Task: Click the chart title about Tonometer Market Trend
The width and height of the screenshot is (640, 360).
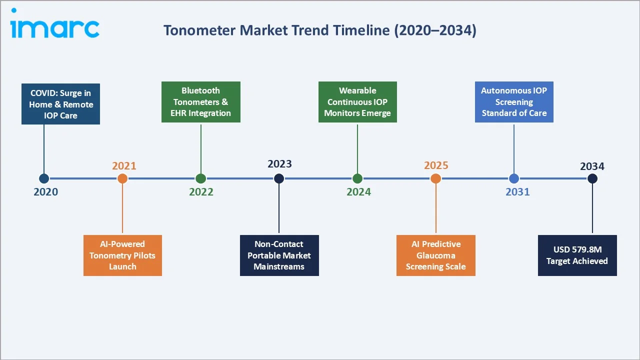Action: coord(320,30)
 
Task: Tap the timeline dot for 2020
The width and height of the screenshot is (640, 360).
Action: coord(44,178)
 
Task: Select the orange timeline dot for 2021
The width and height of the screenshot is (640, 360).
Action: coord(122,178)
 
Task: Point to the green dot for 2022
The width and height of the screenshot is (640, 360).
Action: coord(201,178)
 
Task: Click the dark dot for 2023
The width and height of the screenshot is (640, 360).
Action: coord(279,178)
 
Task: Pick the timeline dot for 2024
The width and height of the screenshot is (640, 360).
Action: coord(357,178)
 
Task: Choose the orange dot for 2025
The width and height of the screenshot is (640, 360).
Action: coord(436,178)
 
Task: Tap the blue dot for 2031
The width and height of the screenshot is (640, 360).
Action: coord(514,178)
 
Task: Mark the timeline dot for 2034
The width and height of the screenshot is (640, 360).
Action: coord(592,178)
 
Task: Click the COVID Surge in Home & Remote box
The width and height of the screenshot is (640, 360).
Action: coord(61,104)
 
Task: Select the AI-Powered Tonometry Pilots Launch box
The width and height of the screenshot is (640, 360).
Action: coord(122,255)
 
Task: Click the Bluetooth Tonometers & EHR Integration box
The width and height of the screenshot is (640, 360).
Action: coord(201,102)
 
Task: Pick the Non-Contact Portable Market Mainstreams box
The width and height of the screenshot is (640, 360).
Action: coord(279,255)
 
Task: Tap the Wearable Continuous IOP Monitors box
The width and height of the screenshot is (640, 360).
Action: coord(357,102)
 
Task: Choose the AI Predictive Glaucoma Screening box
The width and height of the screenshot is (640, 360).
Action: coord(436,255)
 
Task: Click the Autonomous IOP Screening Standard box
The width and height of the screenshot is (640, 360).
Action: coord(514,102)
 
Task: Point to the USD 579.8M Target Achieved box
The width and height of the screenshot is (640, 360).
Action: coord(577,255)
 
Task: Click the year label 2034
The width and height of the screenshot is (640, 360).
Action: coord(592,166)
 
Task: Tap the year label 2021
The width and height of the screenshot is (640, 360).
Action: coord(124,166)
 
